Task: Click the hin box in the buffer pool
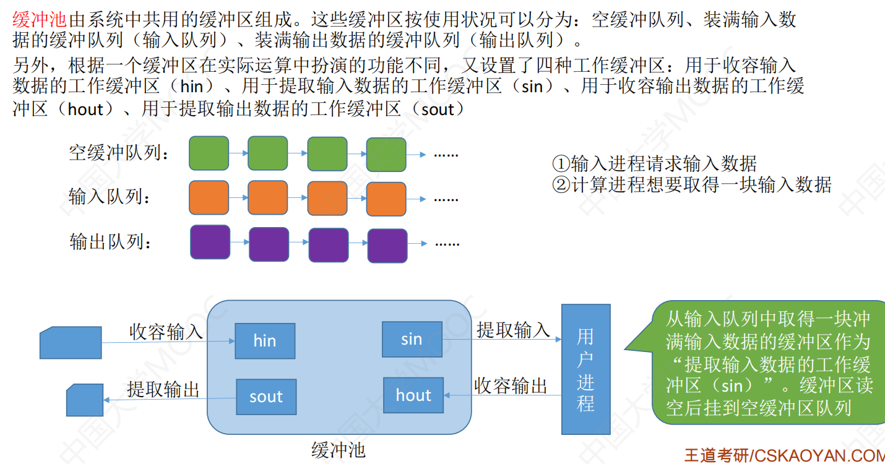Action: coord(265,341)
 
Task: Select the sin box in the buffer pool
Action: coord(412,339)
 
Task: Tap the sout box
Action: coord(266,397)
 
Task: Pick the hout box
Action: coord(413,395)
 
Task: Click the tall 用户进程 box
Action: coord(585,369)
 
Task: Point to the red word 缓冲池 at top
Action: coord(39,19)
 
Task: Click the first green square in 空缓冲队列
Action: coord(209,153)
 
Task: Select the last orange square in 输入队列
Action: coord(386,199)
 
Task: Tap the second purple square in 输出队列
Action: coord(269,244)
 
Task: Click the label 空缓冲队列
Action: coord(119,153)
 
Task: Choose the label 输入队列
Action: coord(110,197)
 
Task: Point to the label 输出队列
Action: coord(111,241)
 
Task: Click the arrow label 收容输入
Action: coord(166,332)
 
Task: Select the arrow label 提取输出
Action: coord(163,389)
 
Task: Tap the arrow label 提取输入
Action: coord(513,330)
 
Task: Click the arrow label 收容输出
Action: coord(511,385)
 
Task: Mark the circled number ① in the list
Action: coord(561,163)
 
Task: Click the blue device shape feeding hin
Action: coord(71,342)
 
